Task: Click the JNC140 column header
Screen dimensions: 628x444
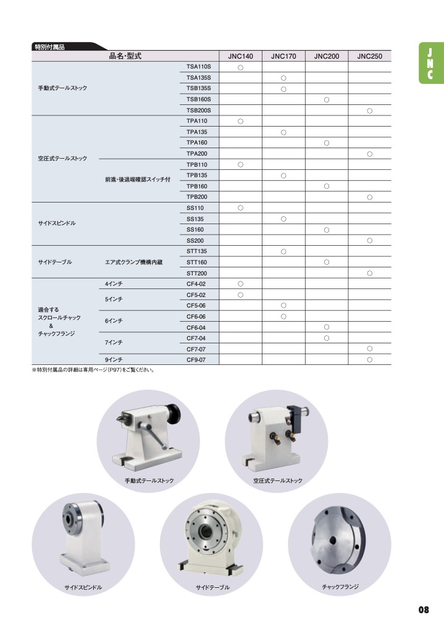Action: click(240, 56)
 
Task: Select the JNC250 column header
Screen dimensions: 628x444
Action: click(369, 56)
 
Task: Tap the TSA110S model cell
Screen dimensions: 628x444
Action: click(199, 67)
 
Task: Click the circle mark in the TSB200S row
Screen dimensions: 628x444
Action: click(369, 111)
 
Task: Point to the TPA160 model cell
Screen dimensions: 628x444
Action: click(197, 143)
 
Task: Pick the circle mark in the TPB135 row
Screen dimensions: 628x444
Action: click(283, 175)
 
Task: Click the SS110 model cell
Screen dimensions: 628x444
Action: click(195, 208)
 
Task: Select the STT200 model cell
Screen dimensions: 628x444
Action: click(197, 273)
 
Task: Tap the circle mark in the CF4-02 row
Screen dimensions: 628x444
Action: click(240, 283)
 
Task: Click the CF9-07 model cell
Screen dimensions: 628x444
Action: click(196, 359)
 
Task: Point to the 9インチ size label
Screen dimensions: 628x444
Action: click(114, 359)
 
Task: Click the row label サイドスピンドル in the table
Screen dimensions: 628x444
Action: click(57, 223)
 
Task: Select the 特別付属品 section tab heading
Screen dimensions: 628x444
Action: click(51, 46)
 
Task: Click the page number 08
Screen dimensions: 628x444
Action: click(424, 609)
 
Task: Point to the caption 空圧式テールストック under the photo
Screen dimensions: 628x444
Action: click(274, 480)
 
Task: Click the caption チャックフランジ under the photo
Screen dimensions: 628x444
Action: click(340, 586)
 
